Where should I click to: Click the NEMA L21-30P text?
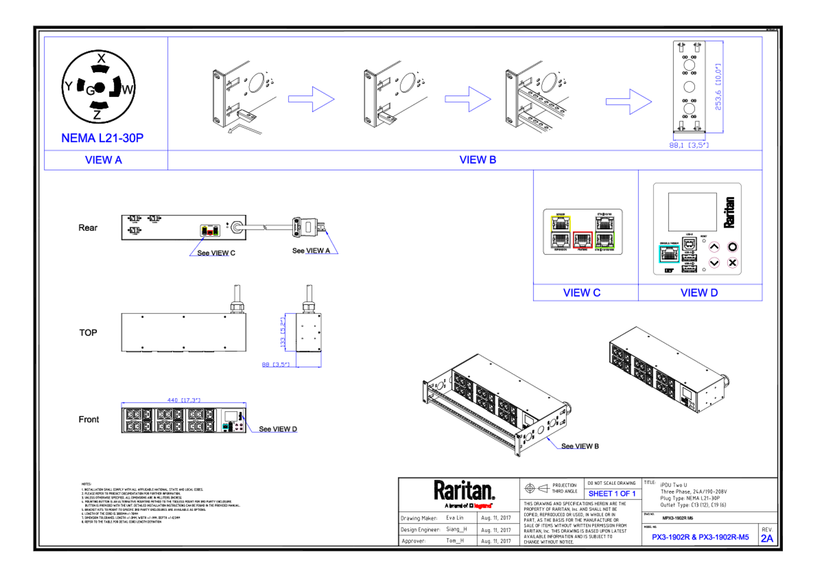tap(103, 138)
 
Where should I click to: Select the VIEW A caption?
tap(104, 160)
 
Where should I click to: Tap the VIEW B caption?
tap(477, 159)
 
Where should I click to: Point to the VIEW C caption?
tap(582, 293)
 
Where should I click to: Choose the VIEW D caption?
tap(699, 293)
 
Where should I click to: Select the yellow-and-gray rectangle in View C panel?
tap(560, 232)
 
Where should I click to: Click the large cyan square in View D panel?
tap(669, 254)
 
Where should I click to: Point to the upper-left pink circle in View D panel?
tap(714, 247)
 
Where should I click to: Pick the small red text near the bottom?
tap(483, 506)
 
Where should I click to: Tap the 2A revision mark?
tap(767, 538)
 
